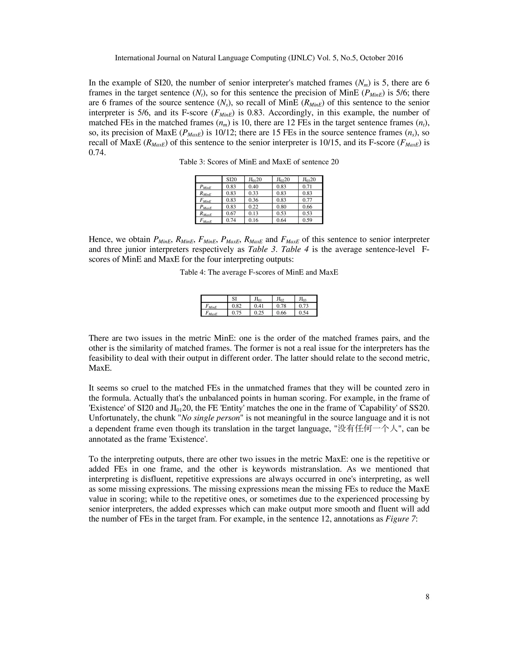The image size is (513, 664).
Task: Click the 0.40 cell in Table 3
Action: [253, 186]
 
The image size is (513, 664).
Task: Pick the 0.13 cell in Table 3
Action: [253, 213]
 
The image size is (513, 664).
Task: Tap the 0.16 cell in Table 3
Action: [253, 220]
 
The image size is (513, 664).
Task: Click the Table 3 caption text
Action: [259, 162]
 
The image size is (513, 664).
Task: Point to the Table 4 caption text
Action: [259, 272]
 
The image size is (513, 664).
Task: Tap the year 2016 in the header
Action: [395, 58]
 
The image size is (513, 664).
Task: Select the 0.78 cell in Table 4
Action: [281, 306]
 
